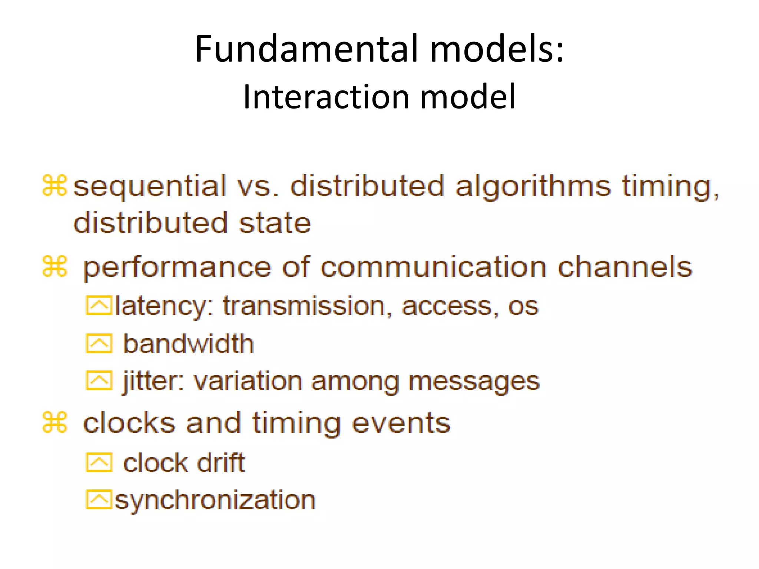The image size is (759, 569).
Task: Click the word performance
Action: pyautogui.click(x=177, y=268)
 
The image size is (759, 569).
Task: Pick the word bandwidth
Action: pyautogui.click(x=188, y=344)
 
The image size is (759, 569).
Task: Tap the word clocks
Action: pyautogui.click(x=129, y=423)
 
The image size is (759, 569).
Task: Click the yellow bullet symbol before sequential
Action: pyautogui.click(x=54, y=185)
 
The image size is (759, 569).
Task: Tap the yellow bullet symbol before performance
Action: pyautogui.click(x=54, y=266)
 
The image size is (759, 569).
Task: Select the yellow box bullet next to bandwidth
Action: pyautogui.click(x=99, y=343)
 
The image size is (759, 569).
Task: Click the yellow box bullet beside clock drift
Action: pyautogui.click(x=99, y=462)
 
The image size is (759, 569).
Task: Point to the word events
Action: pyautogui.click(x=401, y=423)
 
